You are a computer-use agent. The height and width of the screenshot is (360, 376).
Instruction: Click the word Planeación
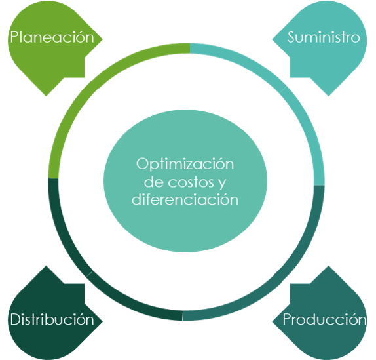[x=52, y=37]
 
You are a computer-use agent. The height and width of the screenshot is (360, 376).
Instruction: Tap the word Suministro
[x=324, y=37]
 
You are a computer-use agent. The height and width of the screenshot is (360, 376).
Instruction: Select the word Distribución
[x=52, y=319]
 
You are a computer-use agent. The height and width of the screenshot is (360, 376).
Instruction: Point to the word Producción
[x=324, y=319]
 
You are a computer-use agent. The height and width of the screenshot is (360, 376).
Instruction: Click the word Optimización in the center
[x=185, y=164]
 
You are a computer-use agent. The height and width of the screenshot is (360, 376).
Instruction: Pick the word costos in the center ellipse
[x=191, y=182]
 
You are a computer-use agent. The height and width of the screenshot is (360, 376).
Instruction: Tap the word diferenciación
[x=185, y=199]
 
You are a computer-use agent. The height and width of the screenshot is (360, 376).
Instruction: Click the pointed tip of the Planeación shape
[x=102, y=39]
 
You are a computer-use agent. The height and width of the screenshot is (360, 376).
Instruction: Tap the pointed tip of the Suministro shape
[x=273, y=39]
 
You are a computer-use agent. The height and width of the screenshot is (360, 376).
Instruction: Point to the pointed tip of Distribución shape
[x=102, y=321]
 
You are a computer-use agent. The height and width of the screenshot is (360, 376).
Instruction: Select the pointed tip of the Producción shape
[x=273, y=321]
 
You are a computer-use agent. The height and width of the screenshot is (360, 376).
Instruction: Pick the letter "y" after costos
[x=222, y=184]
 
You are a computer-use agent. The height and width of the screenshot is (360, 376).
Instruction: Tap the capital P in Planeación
[x=14, y=37]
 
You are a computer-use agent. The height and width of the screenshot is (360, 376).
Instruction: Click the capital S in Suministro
[x=291, y=37]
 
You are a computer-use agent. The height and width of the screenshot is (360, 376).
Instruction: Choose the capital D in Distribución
[x=16, y=319]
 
